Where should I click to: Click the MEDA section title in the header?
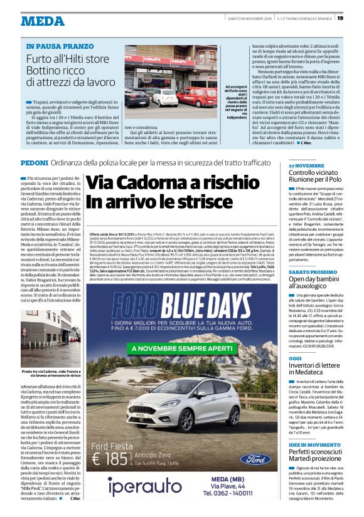coord(42,21)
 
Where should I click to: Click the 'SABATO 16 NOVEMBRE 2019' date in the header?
coord(247,18)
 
